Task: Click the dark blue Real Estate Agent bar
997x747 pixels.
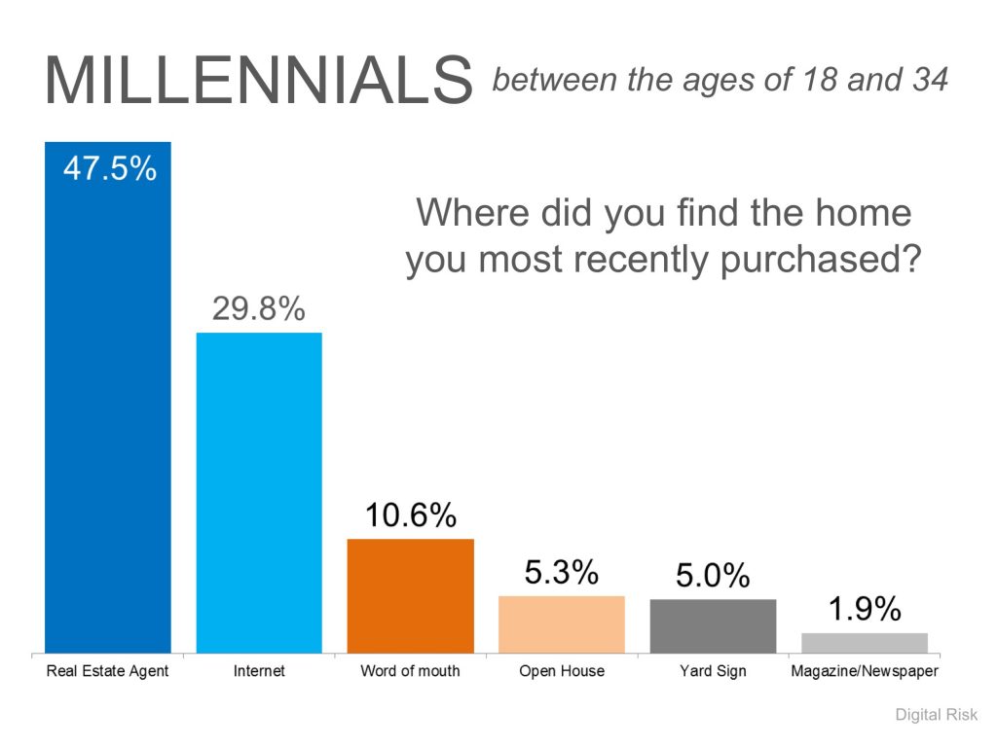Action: pos(108,397)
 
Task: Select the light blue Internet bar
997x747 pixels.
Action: pos(259,493)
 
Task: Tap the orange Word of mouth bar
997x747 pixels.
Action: pos(411,596)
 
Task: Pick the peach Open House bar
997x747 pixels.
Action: pos(562,624)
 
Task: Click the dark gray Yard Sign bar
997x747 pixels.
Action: pos(713,625)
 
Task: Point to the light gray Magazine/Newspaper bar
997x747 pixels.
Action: pos(865,643)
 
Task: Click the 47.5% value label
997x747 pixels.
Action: pos(109,169)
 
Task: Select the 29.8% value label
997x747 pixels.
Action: pos(258,308)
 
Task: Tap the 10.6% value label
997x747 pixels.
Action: pos(411,515)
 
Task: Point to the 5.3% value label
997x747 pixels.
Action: pos(562,572)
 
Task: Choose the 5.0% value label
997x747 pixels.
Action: pos(713,575)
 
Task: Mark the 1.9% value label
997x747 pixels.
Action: pos(865,609)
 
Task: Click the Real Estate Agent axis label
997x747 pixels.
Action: pos(107,671)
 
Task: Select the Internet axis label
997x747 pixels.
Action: pos(259,671)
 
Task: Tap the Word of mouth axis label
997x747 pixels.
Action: pos(410,671)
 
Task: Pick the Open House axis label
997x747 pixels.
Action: pos(562,671)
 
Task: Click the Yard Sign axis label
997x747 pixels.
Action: pos(713,671)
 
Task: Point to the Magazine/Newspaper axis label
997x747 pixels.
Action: pos(865,671)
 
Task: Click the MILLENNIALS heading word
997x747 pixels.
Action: pos(259,80)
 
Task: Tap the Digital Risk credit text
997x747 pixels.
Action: pos(936,715)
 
